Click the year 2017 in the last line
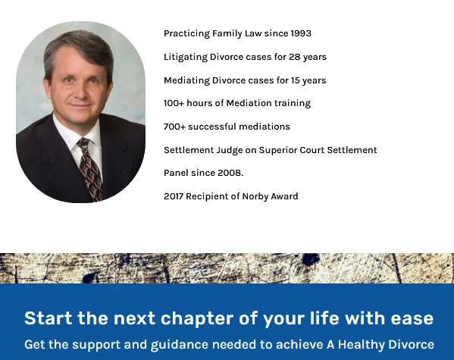pyautogui.click(x=175, y=196)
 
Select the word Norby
pyautogui.click(x=256, y=196)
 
